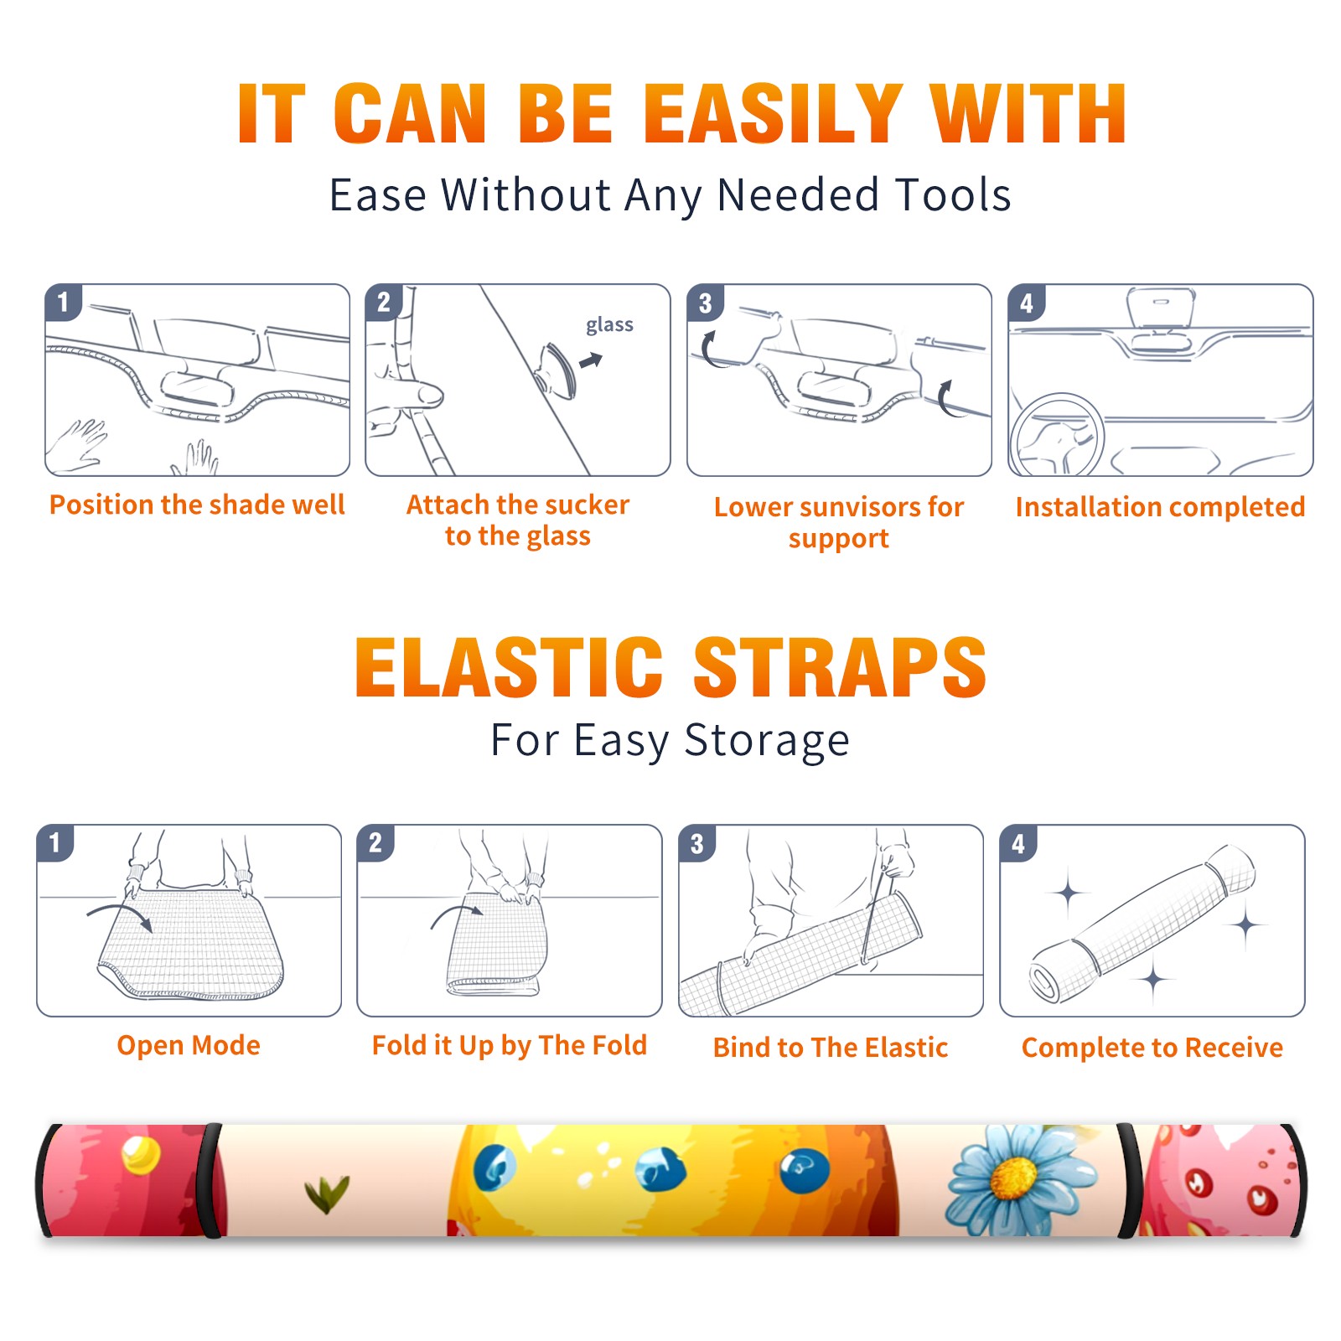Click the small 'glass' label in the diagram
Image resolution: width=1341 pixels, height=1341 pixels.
[x=609, y=325]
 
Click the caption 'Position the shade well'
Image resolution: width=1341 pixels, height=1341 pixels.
[x=197, y=505]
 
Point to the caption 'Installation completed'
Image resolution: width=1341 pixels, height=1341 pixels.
[x=1160, y=507]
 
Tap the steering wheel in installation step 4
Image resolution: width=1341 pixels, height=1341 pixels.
[x=1056, y=436]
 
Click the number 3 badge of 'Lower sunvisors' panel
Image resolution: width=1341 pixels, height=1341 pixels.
[x=705, y=303]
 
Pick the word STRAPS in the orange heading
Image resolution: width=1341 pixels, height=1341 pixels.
[x=840, y=667]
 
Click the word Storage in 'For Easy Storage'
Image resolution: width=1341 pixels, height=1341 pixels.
[x=767, y=741]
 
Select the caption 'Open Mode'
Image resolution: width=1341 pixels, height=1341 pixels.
[x=189, y=1045]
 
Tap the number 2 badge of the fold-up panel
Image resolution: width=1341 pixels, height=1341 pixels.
[x=375, y=842]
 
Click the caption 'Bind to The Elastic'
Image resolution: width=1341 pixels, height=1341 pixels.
[x=831, y=1048]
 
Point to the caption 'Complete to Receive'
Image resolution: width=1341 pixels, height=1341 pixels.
[x=1152, y=1048]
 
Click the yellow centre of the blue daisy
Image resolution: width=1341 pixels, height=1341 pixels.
[x=1014, y=1178]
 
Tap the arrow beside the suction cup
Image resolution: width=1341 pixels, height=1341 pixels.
[x=591, y=360]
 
